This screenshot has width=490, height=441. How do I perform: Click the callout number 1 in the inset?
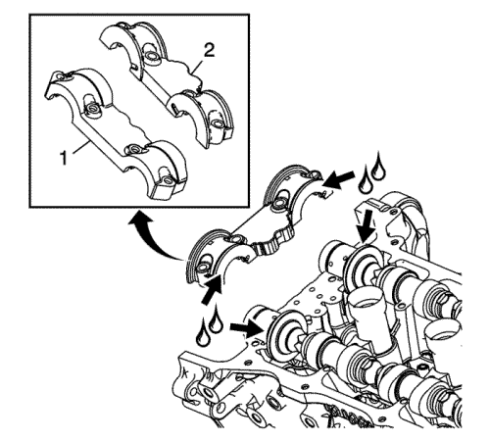point(64,159)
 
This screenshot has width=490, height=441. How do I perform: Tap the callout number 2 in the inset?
point(209,51)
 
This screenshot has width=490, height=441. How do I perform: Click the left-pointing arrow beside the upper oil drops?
point(340,179)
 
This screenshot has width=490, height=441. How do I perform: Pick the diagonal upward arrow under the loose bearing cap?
point(212,290)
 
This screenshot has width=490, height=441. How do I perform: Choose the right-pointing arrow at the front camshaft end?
point(247,330)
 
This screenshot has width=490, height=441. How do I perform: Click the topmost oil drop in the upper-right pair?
point(378,166)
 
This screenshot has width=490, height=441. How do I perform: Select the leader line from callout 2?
point(197,65)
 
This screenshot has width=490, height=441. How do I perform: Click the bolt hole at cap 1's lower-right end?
point(168,179)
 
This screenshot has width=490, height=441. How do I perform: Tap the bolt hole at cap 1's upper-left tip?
point(60,75)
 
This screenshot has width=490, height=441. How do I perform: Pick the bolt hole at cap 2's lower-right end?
point(218,124)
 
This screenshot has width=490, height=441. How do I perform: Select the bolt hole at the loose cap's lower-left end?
point(202,268)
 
